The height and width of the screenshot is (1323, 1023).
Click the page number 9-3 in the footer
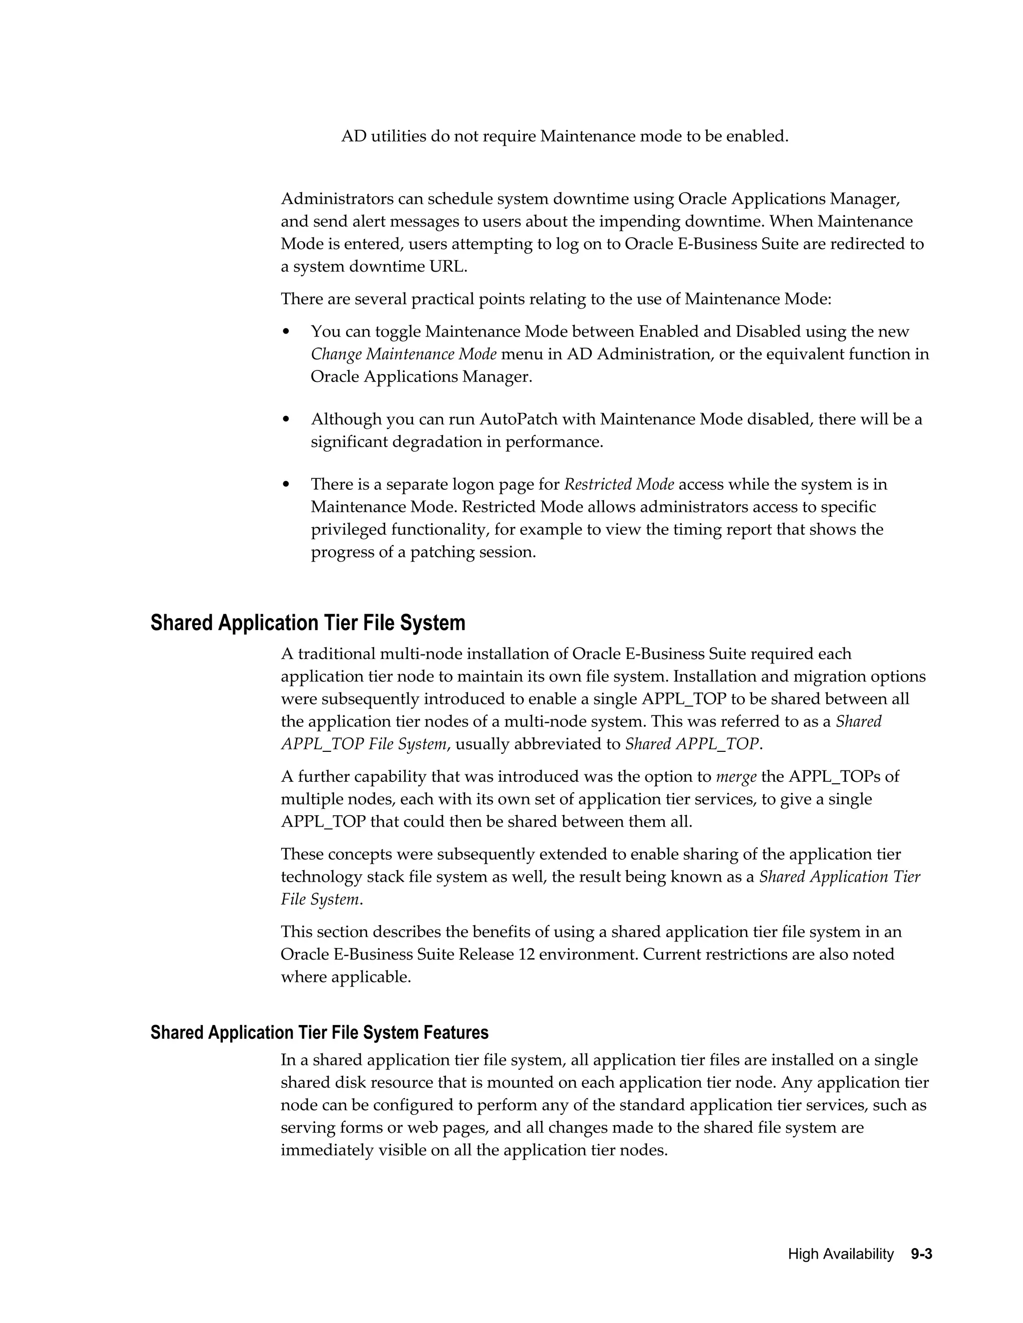(x=921, y=1254)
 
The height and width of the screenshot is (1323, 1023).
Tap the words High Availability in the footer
(x=841, y=1254)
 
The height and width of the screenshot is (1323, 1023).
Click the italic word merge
(x=736, y=777)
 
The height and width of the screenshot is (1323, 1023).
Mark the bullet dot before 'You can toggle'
(x=287, y=332)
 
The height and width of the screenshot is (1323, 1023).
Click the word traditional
(x=336, y=654)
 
